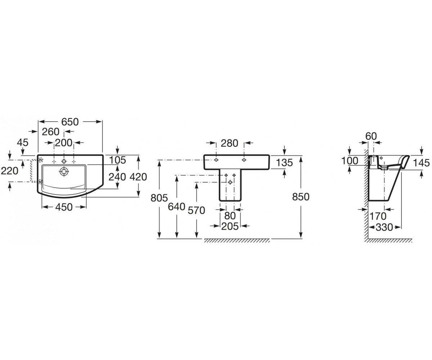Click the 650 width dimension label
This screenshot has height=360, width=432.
click(70, 122)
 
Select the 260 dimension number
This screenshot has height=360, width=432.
click(51, 132)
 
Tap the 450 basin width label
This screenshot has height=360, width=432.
click(64, 207)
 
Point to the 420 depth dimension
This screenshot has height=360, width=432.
click(138, 177)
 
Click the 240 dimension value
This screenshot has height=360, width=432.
click(117, 177)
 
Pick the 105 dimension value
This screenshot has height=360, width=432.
click(117, 160)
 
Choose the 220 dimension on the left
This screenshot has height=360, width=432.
click(9, 171)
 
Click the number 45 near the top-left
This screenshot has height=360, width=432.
click(23, 143)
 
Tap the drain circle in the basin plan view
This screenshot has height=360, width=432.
click(64, 171)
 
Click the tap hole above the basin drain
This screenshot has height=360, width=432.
click(64, 161)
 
